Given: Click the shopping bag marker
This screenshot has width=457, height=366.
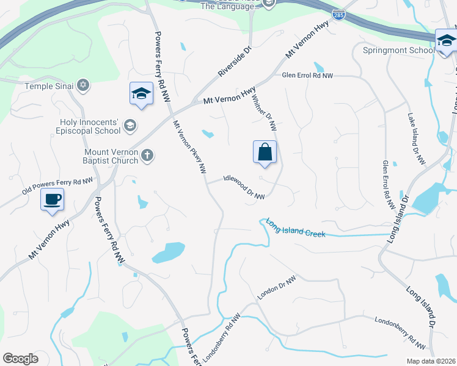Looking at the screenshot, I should [x=265, y=152].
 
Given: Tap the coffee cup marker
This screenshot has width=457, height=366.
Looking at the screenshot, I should [x=52, y=199].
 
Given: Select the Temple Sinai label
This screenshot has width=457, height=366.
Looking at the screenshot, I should [x=48, y=86].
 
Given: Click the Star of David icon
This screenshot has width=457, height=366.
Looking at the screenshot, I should [x=84, y=85].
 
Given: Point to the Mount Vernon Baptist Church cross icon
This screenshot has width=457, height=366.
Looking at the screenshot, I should [x=147, y=156].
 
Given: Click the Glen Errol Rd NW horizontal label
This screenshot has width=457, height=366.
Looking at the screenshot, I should [x=307, y=76].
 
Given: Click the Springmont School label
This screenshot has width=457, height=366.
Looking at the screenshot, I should [x=398, y=50].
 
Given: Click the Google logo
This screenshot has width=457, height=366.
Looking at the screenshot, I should [x=20, y=359].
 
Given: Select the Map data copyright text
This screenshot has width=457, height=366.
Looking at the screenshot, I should [x=431, y=362].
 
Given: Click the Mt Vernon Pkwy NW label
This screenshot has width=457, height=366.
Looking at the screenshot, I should [x=189, y=147].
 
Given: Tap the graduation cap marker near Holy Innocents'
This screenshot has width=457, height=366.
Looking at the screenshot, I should [x=141, y=95].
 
